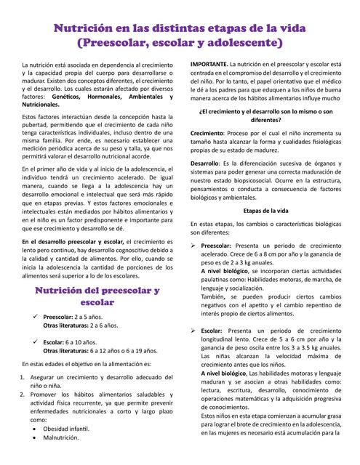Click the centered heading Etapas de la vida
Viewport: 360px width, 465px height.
265,210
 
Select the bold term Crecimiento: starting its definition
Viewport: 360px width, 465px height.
207,135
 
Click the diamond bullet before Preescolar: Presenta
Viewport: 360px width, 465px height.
194,247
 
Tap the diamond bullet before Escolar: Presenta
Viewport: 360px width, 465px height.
194,331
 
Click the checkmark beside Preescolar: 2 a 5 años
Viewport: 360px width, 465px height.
34,318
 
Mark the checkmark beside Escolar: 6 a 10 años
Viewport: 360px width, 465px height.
34,341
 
